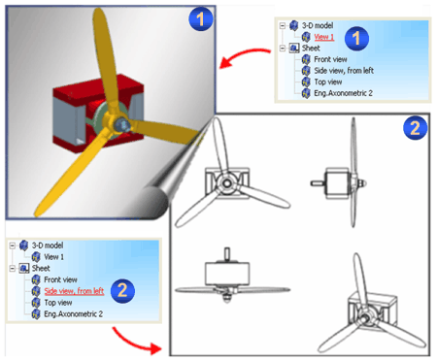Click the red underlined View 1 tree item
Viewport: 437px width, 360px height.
324,37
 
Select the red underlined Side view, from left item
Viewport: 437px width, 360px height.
74,291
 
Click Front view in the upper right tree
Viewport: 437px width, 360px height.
330,59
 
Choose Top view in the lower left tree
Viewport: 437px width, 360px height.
58,303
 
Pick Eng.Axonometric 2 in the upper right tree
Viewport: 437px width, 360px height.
343,93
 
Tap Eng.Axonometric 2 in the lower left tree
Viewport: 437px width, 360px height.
74,314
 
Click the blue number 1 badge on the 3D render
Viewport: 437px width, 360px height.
201,18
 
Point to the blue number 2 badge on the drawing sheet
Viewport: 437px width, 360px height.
416,128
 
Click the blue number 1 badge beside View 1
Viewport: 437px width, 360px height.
356,39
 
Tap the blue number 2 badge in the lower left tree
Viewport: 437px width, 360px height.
122,291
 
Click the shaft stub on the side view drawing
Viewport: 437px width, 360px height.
318,183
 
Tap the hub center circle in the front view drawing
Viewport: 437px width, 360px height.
227,183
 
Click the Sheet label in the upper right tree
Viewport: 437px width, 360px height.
311,49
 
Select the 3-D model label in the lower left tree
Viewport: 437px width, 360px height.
48,245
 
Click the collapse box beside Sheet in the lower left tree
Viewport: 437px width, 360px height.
13,268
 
